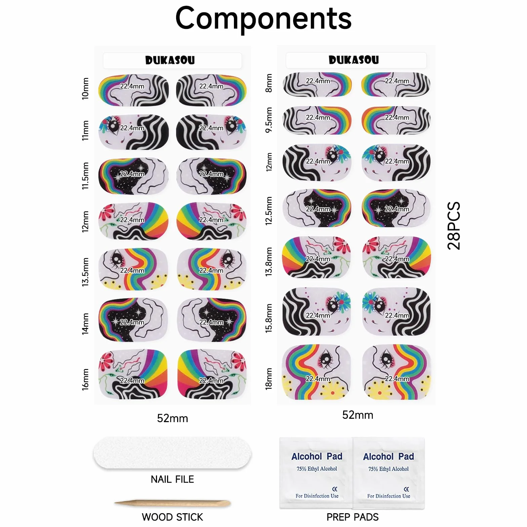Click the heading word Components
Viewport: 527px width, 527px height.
(x=263, y=19)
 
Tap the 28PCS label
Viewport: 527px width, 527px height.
(x=454, y=226)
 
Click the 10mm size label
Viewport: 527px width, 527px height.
(x=85, y=89)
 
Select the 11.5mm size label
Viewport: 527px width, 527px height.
(x=85, y=176)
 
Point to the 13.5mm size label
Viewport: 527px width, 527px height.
(x=85, y=272)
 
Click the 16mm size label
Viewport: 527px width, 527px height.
(x=85, y=379)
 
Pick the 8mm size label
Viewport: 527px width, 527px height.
(x=269, y=83)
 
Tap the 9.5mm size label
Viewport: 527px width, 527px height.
(x=269, y=120)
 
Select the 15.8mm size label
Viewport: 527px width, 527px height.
(x=269, y=318)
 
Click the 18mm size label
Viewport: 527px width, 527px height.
(x=269, y=379)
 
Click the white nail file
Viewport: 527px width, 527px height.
(x=172, y=453)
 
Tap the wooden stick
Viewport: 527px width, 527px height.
(x=172, y=503)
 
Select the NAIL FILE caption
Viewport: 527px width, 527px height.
(x=172, y=479)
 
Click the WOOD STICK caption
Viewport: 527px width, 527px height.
(x=172, y=517)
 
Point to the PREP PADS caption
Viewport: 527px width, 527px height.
(x=353, y=517)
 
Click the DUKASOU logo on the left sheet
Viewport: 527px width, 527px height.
(x=170, y=60)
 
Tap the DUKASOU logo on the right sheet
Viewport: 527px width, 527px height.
(x=354, y=60)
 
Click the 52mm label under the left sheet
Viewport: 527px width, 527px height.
(x=172, y=418)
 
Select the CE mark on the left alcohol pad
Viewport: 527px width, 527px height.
(x=335, y=489)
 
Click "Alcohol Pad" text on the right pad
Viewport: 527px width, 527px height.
(x=389, y=456)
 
